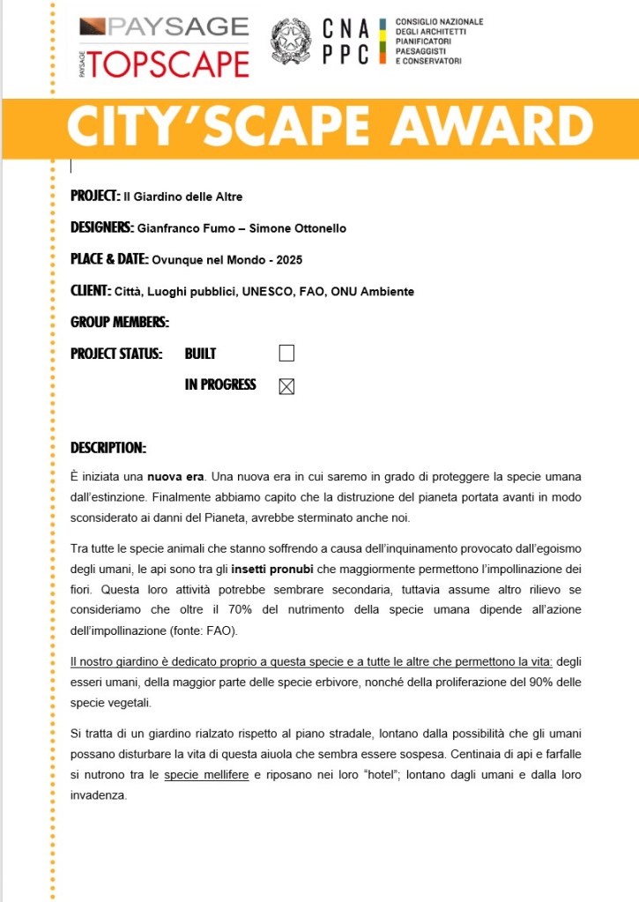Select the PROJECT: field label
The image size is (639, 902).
tap(95, 196)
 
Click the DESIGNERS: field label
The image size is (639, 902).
tap(102, 227)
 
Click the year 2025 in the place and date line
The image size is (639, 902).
tap(290, 260)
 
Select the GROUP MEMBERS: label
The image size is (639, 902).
tap(120, 323)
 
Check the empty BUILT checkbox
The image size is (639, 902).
tap(286, 354)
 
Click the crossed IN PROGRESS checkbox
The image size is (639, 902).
tap(286, 386)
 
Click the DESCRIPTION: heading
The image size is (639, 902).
tap(108, 448)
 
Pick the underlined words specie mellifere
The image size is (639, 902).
tap(206, 774)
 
